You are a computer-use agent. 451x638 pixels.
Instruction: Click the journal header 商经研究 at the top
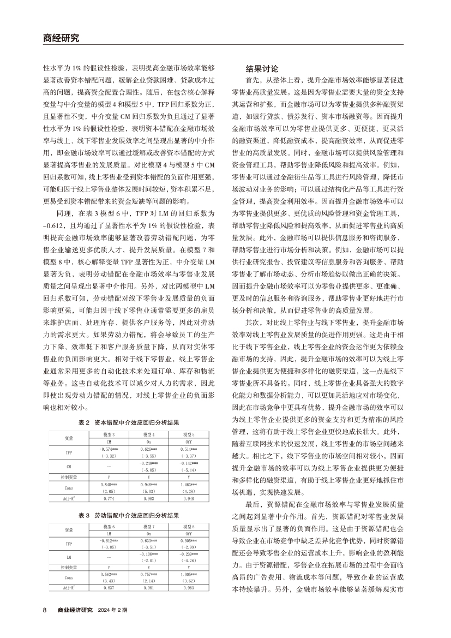click(x=61, y=38)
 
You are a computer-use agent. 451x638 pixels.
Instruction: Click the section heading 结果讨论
click(x=262, y=69)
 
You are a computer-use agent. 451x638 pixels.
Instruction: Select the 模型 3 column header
click(x=109, y=418)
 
